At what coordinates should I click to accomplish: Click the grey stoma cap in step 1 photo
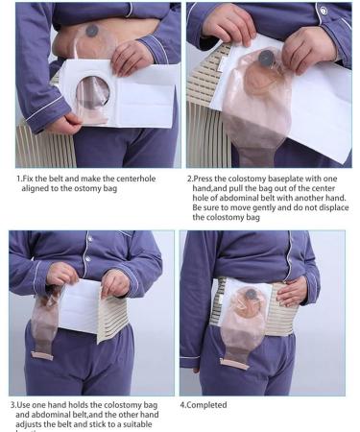(91, 31)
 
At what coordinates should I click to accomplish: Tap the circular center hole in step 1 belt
(94, 94)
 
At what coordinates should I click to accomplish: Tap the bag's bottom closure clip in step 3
(43, 355)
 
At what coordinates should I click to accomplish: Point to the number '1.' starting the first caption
(19, 179)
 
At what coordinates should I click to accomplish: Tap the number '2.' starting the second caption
(191, 179)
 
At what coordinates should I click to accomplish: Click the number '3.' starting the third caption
(14, 403)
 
